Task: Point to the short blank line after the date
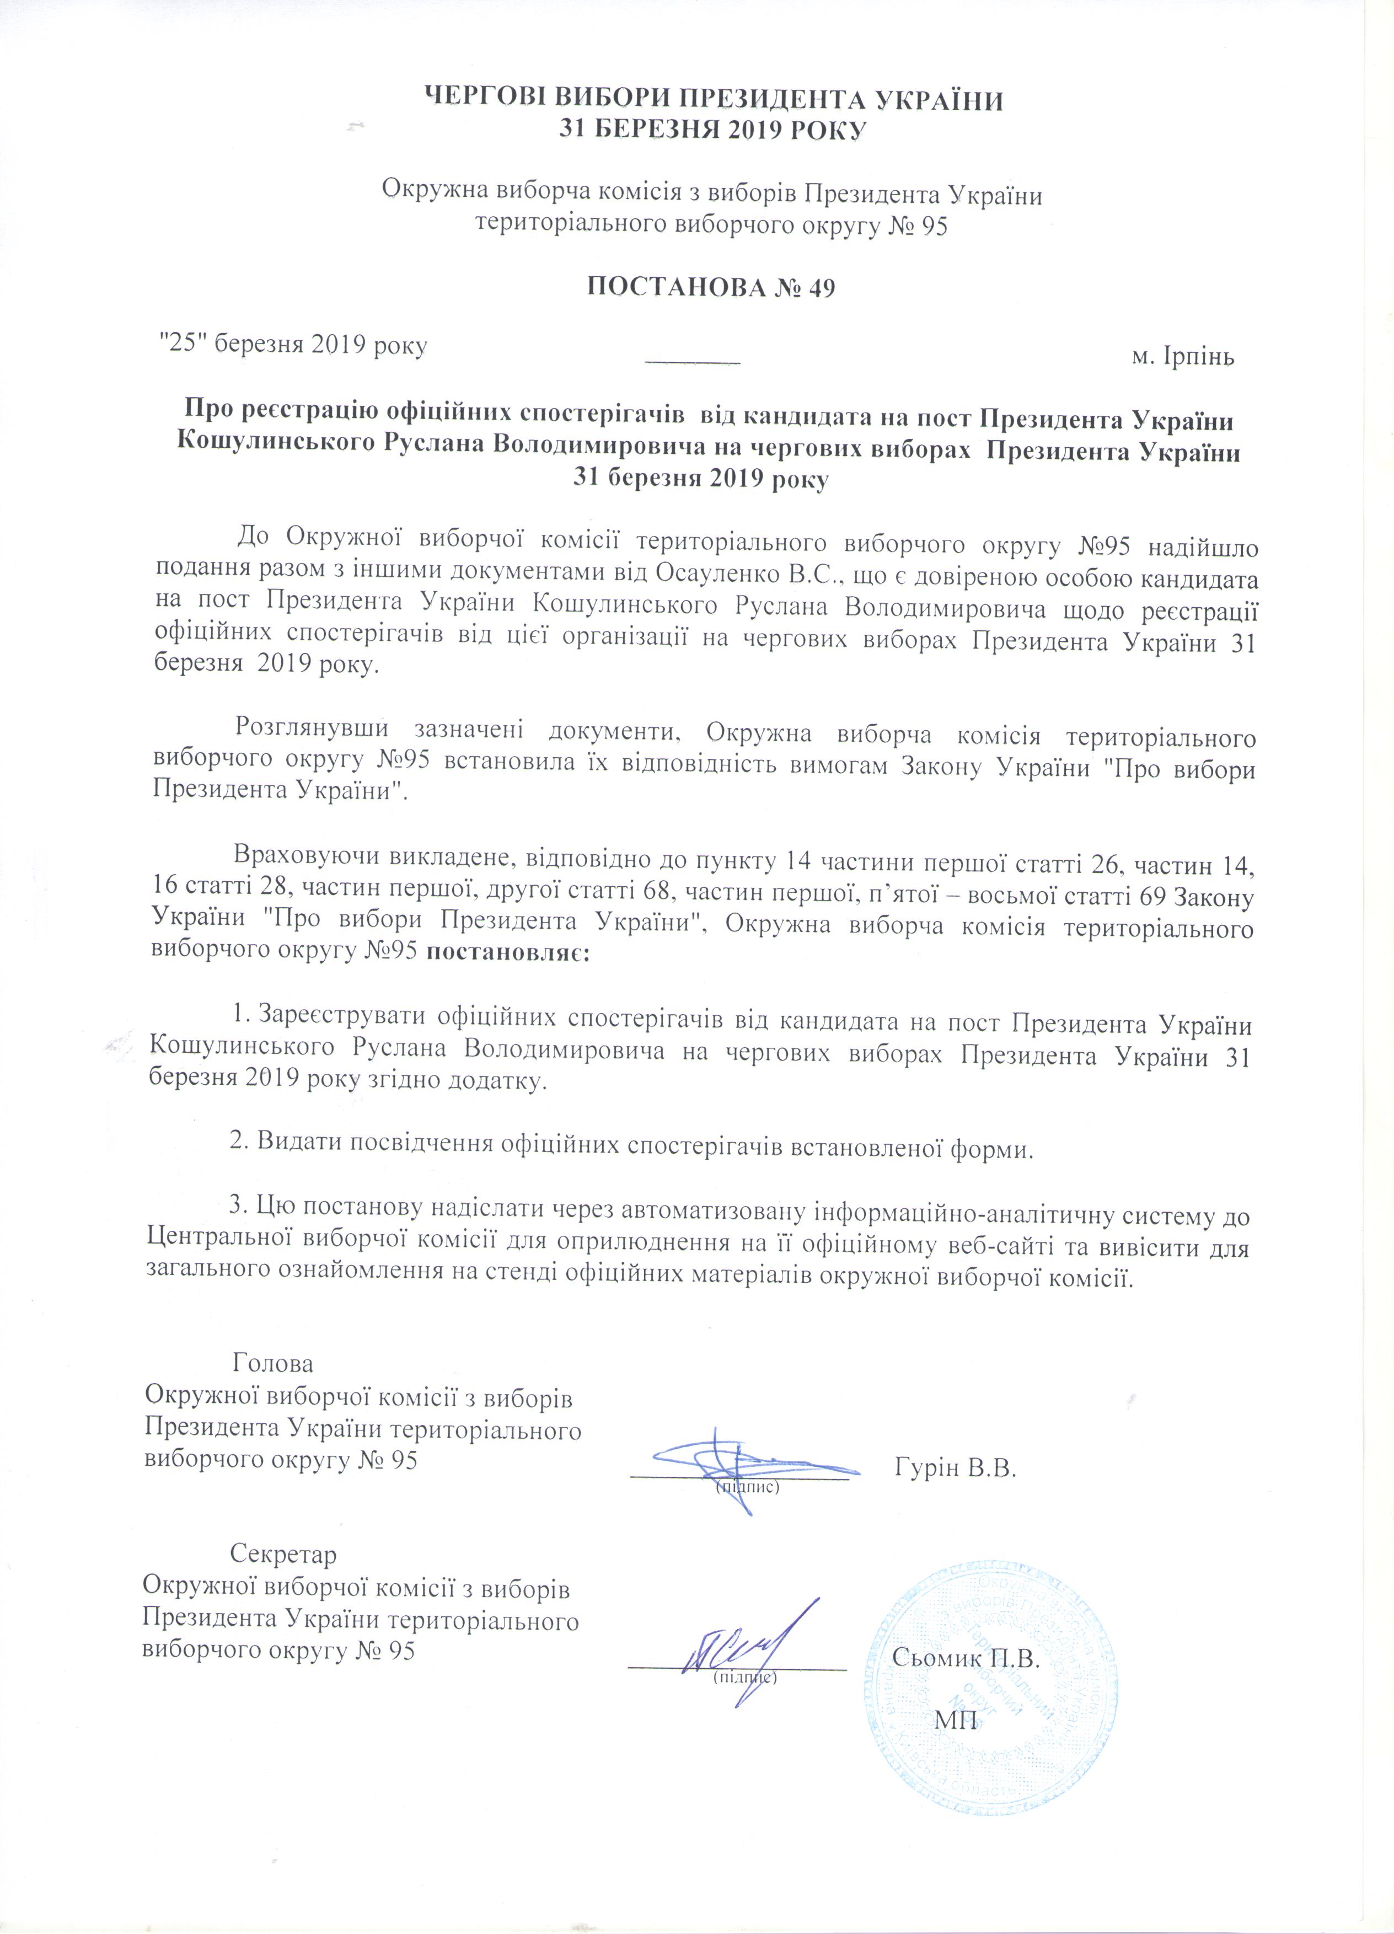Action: click(692, 362)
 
